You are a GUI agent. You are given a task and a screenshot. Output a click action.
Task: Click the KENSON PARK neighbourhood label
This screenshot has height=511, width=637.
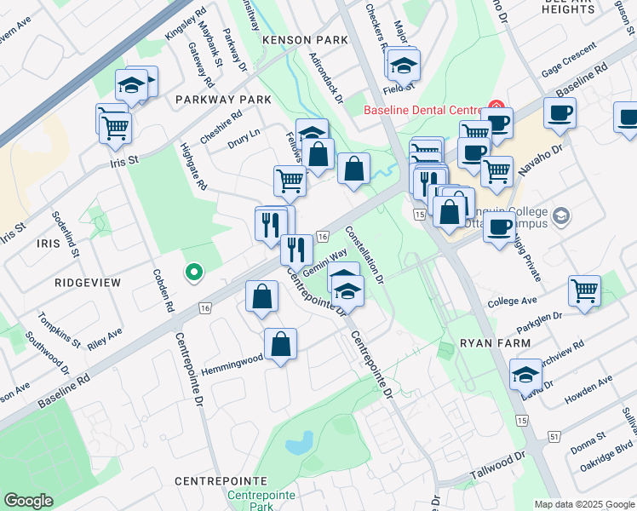(306, 40)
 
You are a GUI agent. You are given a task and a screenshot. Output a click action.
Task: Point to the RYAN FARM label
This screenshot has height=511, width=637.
(496, 342)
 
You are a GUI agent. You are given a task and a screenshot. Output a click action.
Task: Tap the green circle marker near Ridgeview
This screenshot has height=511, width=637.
(194, 273)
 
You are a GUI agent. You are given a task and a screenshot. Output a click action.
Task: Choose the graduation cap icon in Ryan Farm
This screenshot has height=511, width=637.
(525, 376)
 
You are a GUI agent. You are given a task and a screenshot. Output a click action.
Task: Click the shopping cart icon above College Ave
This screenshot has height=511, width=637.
(584, 290)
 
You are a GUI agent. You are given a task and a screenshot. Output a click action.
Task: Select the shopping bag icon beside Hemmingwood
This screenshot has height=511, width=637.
(280, 345)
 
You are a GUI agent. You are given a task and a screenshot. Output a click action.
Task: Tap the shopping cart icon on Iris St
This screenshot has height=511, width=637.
(115, 128)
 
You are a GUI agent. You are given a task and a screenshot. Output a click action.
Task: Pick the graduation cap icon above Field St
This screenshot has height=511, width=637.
(405, 64)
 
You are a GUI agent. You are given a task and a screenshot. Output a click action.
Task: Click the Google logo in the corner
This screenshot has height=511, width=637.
(28, 500)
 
